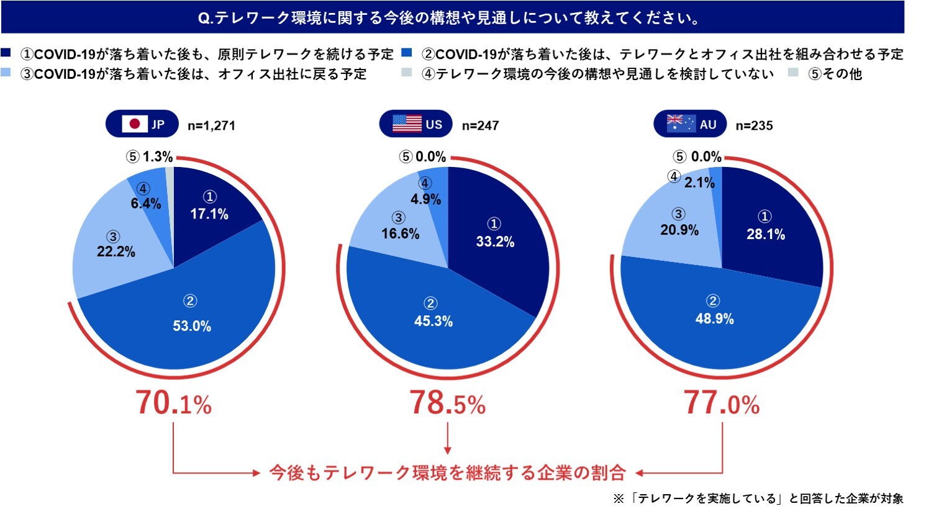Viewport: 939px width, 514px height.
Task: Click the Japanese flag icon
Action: click(x=134, y=124)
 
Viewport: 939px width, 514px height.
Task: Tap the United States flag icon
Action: click(x=407, y=124)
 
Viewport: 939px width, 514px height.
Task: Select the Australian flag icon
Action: click(x=681, y=124)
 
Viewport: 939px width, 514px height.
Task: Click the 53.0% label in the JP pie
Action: click(x=192, y=326)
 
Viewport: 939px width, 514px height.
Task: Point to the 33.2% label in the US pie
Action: click(x=495, y=242)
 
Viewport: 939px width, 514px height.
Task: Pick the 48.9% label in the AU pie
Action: click(x=714, y=318)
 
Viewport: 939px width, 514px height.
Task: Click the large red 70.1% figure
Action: click(x=174, y=403)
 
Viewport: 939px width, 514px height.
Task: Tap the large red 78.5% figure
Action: click(x=447, y=403)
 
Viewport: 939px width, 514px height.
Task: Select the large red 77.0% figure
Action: click(x=722, y=403)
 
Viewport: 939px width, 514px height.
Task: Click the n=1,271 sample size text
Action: click(x=211, y=125)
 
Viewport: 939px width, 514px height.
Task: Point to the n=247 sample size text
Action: click(x=480, y=125)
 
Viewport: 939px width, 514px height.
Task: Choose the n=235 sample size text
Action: click(x=754, y=125)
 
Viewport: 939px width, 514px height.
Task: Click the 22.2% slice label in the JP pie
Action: click(x=116, y=251)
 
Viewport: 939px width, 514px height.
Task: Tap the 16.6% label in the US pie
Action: click(x=400, y=233)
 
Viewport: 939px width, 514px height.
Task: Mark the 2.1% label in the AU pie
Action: click(x=699, y=183)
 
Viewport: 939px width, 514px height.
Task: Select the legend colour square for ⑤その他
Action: click(x=793, y=73)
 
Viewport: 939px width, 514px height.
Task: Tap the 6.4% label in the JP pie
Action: click(x=146, y=204)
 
